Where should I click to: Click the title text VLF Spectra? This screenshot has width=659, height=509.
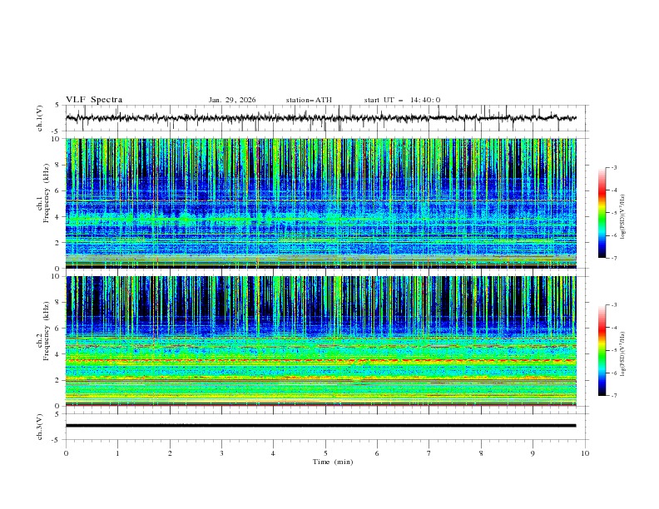pos(94,100)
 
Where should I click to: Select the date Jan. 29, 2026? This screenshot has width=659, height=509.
pos(232,100)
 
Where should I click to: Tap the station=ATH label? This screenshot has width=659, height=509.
pos(309,100)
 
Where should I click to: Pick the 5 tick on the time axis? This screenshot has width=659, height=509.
pos(325,453)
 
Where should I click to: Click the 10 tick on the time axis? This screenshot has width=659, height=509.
pos(585,453)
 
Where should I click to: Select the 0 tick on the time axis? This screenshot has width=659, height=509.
pos(66,453)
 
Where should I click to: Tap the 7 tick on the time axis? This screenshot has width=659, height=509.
pos(429,453)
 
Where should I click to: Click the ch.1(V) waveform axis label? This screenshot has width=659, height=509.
pos(40,118)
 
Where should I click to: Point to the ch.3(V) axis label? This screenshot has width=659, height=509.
pos(40,426)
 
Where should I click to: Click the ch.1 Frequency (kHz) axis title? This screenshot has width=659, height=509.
pos(42,204)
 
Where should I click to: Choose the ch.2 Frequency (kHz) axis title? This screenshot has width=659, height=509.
pos(42,341)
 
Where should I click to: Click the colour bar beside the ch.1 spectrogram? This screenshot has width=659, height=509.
pos(602,213)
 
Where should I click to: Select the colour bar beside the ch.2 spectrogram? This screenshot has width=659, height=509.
pos(602,350)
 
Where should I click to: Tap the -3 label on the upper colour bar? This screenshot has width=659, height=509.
pos(613,168)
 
